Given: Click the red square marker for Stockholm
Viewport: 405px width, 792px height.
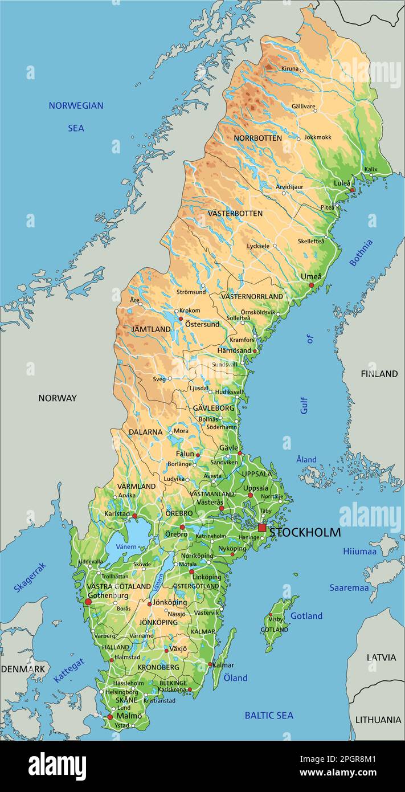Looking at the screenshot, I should tap(262, 528).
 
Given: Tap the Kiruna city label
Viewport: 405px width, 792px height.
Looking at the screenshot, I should tap(289, 69).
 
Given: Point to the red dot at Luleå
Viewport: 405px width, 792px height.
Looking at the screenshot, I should tap(353, 190).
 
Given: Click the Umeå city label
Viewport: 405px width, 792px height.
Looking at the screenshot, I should tap(311, 277).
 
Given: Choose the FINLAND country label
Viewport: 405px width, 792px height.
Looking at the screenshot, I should tap(379, 374).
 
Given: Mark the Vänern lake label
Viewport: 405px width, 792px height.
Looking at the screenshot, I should tap(126, 546).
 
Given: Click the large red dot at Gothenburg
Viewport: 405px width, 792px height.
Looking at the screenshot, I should tap(88, 601).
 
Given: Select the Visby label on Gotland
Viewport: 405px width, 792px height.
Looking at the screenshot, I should tap(276, 619).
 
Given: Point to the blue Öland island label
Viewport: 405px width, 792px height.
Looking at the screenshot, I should tap(235, 677).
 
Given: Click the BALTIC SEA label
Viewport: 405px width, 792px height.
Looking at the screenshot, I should tap(269, 715).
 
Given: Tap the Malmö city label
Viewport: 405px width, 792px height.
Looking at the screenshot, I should tap(129, 716).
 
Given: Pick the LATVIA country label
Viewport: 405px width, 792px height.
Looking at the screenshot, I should tap(381, 657).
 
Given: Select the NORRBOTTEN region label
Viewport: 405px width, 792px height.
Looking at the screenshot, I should tap(257, 138).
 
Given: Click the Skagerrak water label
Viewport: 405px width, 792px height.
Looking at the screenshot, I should tap(30, 577).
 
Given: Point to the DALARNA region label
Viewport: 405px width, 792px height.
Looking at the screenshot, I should tap(145, 432).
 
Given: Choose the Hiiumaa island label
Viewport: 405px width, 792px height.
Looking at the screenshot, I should tap(359, 551).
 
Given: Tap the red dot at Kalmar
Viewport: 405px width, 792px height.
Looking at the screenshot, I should tap(210, 664).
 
